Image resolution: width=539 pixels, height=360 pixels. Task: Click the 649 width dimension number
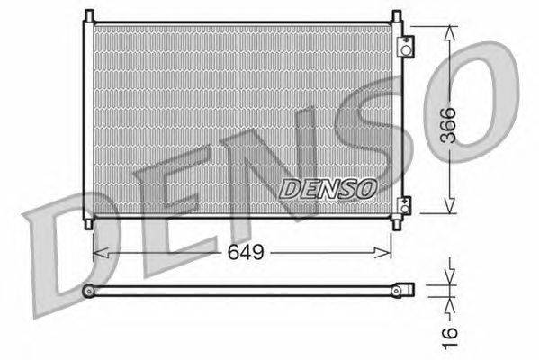(x=246, y=252)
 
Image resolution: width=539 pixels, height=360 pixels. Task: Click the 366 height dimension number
(x=448, y=125)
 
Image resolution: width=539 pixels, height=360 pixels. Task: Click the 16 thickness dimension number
(x=449, y=338)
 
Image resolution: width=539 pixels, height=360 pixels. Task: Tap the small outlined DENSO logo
(x=328, y=189)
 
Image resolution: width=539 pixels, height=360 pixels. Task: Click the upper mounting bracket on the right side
(x=406, y=47)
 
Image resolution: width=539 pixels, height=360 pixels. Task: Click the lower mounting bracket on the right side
(x=405, y=205)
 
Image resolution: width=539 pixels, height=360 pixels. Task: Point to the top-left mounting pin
(x=89, y=16)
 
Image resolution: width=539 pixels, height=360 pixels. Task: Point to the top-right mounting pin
(x=396, y=16)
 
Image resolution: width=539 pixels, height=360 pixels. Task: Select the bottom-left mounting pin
(x=89, y=224)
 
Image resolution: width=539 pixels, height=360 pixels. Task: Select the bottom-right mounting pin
(x=396, y=224)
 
